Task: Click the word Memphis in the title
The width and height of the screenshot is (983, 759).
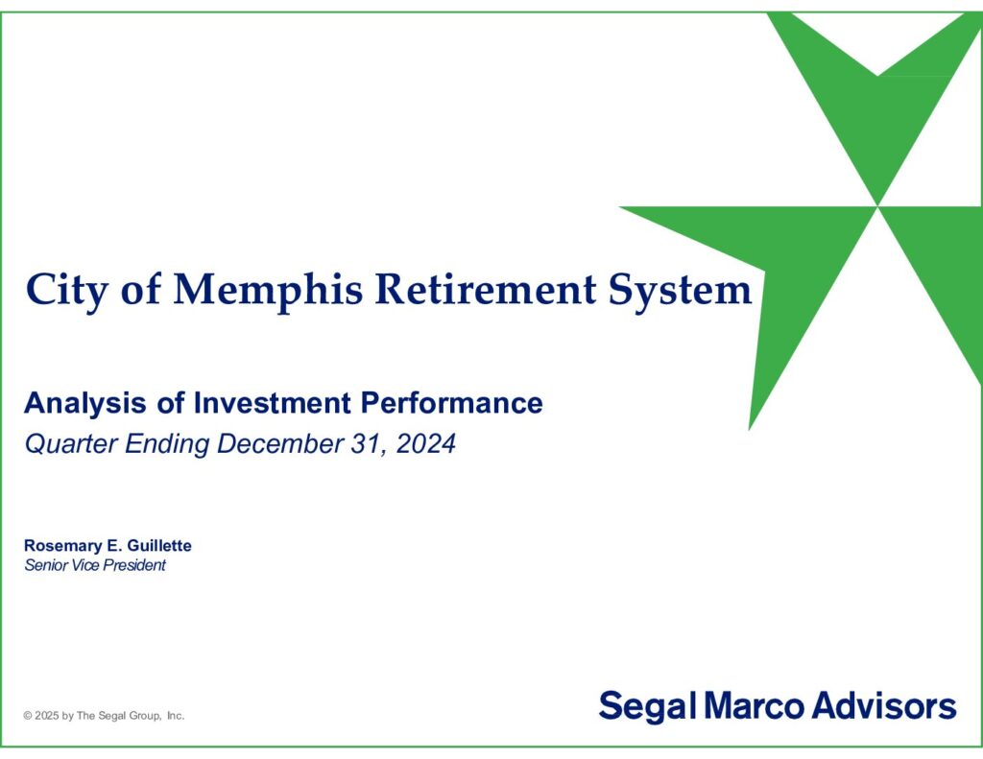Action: click(x=268, y=290)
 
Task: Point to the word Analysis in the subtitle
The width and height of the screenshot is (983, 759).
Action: click(x=84, y=403)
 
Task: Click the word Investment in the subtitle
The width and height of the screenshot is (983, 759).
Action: click(x=273, y=403)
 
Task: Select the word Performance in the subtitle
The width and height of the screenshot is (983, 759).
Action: click(x=451, y=403)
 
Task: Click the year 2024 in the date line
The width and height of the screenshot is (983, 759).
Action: click(x=425, y=443)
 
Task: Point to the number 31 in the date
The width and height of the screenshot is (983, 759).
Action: click(x=366, y=443)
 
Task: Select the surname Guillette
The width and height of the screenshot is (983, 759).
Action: click(x=159, y=545)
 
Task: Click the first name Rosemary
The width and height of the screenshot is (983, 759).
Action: click(x=61, y=546)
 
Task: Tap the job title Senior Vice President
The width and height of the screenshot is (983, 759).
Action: click(x=95, y=565)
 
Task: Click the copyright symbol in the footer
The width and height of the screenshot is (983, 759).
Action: click(x=28, y=716)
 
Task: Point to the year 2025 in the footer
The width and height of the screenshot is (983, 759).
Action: click(x=47, y=716)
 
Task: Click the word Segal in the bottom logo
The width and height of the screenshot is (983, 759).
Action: click(x=648, y=707)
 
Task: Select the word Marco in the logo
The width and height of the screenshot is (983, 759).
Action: click(x=754, y=705)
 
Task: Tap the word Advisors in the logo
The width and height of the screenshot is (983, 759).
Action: click(x=884, y=705)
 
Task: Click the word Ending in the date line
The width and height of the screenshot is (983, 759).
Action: click(x=167, y=443)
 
